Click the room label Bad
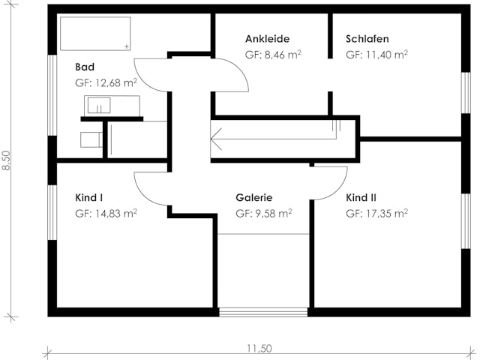(x=84, y=67)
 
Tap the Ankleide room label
(x=267, y=39)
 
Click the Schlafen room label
(x=367, y=39)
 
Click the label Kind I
(x=88, y=198)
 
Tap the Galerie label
(x=253, y=198)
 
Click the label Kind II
(x=361, y=198)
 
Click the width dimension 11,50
(x=259, y=348)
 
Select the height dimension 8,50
(x=7, y=160)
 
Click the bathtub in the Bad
(x=95, y=34)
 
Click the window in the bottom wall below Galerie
(x=262, y=312)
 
